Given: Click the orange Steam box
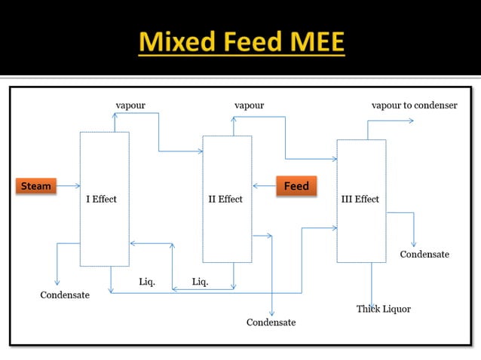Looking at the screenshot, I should pyautogui.click(x=35, y=185).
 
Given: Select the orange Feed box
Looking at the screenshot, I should pyautogui.click(x=296, y=185).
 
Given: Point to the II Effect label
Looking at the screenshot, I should pyautogui.click(x=225, y=200).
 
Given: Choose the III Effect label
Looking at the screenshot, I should pyautogui.click(x=360, y=200).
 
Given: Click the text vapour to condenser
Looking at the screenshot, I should pyautogui.click(x=414, y=105).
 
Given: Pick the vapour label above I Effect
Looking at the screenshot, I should pyautogui.click(x=130, y=105).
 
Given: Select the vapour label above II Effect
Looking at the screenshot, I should pyautogui.click(x=249, y=105).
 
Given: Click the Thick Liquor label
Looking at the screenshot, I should pyautogui.click(x=383, y=309).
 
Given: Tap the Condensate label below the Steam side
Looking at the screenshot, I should pyautogui.click(x=65, y=294).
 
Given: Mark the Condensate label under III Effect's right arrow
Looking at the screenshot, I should pyautogui.click(x=424, y=255).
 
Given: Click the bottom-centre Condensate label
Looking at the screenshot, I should pyautogui.click(x=271, y=322).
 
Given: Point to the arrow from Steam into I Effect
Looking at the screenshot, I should pyautogui.click(x=69, y=185).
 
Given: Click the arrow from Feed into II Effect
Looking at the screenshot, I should pyautogui.click(x=264, y=185).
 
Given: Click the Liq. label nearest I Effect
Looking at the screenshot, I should pyautogui.click(x=147, y=282).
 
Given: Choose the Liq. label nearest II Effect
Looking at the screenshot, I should pyautogui.click(x=200, y=282).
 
